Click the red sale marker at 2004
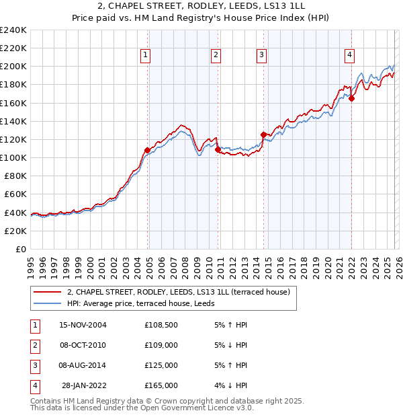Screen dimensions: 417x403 click(x=148, y=150)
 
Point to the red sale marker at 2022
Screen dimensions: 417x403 click(x=351, y=98)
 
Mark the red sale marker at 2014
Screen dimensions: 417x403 click(x=263, y=135)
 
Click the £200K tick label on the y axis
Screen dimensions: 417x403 click(x=13, y=67)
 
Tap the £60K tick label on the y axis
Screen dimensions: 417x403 click(x=15, y=194)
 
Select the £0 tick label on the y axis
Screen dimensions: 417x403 click(x=22, y=249)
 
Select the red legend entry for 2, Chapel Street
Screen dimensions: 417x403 click(x=178, y=292)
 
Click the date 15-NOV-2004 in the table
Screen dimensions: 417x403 click(x=83, y=325)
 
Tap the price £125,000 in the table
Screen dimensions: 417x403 click(x=161, y=365)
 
